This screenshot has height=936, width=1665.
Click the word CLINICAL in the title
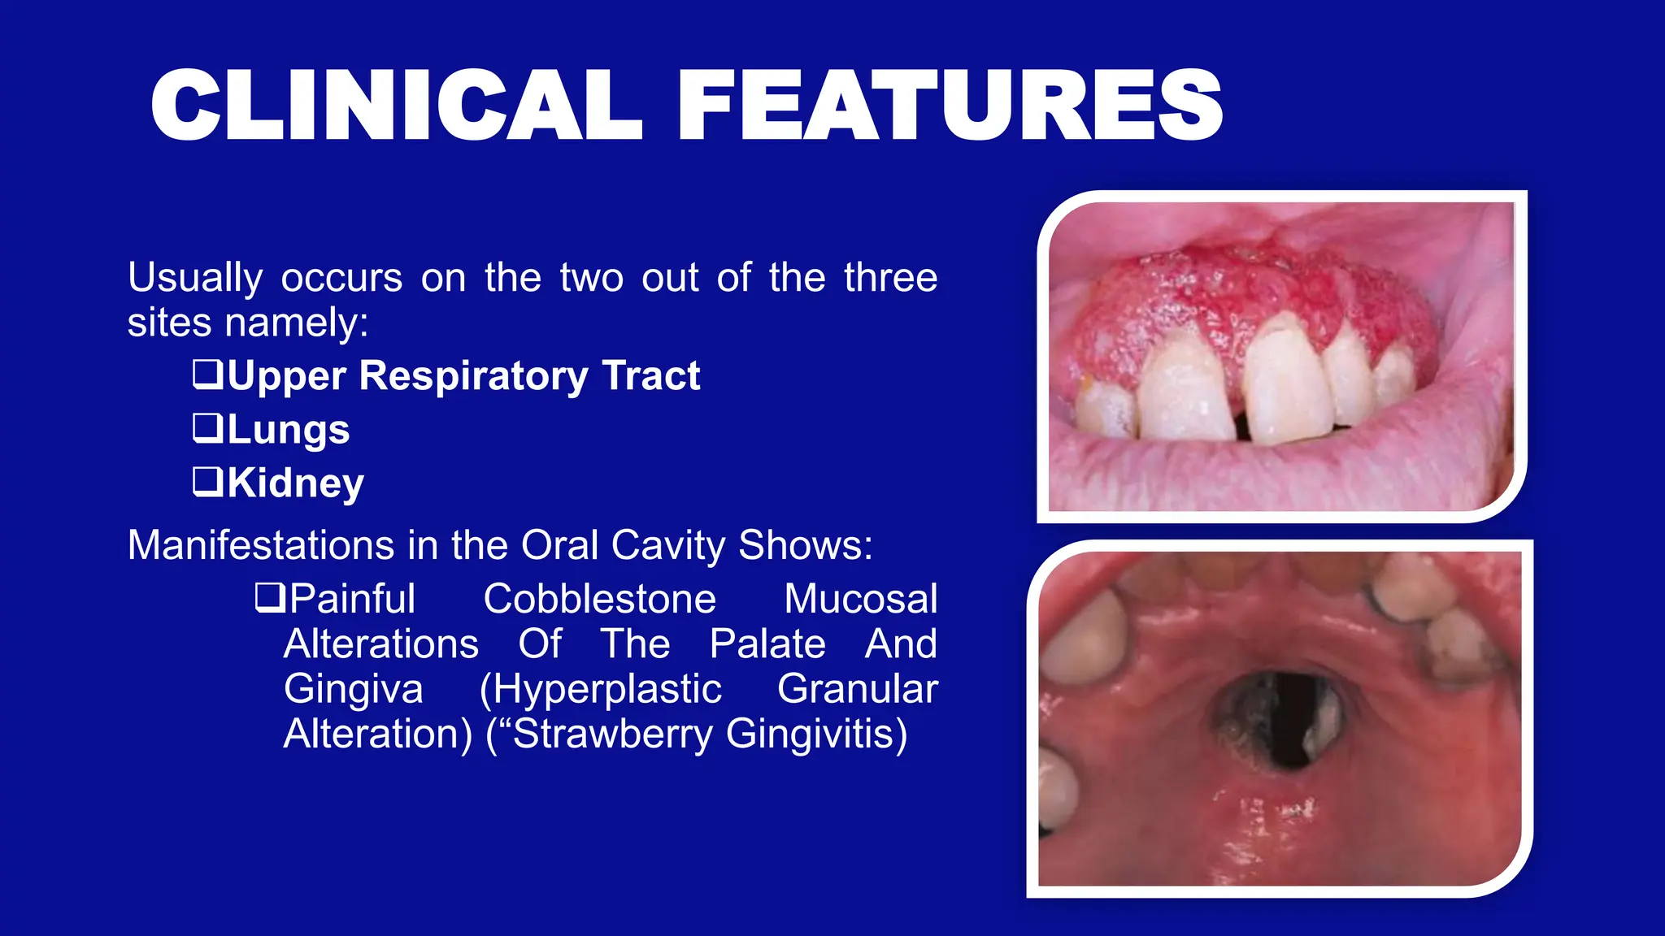point(397,106)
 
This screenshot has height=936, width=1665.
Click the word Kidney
point(295,483)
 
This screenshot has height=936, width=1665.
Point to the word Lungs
point(288,430)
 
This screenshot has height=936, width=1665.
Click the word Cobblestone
point(599,600)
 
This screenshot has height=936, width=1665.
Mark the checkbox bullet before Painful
point(269,597)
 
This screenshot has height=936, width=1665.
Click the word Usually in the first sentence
point(194,279)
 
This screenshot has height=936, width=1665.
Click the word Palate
point(767,644)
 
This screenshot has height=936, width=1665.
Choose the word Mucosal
point(860,600)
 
